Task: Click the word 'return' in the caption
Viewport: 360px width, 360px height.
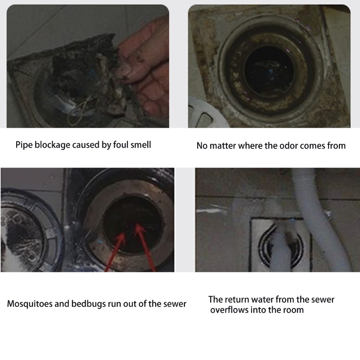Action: (237, 300)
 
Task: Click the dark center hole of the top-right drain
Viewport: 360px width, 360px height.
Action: (269, 71)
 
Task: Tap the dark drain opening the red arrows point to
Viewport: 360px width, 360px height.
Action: (133, 222)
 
